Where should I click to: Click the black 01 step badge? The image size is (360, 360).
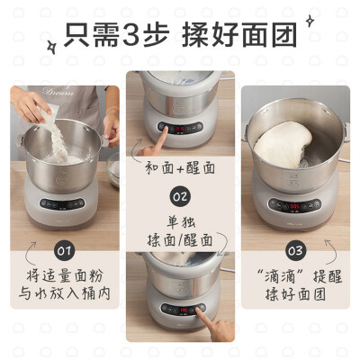(62, 247)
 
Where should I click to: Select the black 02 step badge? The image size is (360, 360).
(180, 195)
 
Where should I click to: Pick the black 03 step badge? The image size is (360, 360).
(296, 247)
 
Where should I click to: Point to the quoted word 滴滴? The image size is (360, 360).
(274, 273)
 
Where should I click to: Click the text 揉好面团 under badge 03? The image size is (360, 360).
(295, 292)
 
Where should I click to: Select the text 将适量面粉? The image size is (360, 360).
(63, 273)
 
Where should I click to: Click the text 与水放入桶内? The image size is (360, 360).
(63, 292)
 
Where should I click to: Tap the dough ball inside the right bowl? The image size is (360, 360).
(285, 147)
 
